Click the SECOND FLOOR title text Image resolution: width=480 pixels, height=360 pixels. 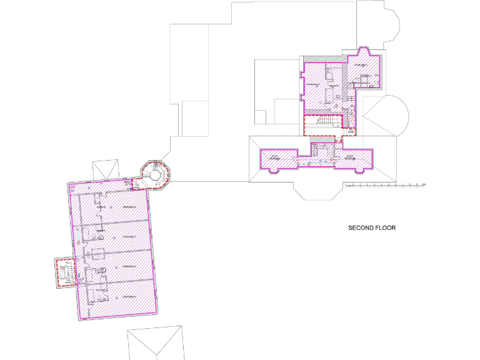(372, 228)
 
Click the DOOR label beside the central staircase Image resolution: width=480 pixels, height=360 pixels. (351, 132)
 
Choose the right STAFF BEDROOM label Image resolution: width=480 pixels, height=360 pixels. (349, 158)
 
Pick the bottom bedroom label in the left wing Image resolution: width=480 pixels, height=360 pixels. (129, 296)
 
